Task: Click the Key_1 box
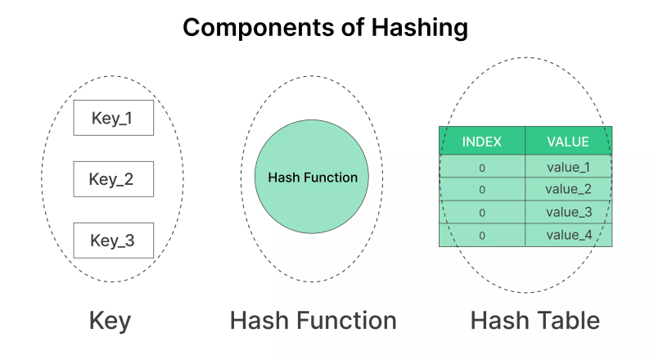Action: [113, 118]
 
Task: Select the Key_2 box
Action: [113, 179]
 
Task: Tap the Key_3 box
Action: [113, 240]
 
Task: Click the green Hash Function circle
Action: [313, 178]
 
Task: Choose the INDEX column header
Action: [481, 142]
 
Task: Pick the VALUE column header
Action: [567, 142]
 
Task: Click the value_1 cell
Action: [567, 167]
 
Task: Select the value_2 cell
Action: [567, 190]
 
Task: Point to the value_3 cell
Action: [567, 213]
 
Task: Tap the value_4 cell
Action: [567, 236]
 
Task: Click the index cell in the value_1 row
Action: [481, 167]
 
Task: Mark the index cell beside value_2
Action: [481, 190]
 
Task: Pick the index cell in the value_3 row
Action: [481, 213]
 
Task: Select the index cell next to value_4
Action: [481, 236]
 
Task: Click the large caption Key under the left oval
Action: [110, 321]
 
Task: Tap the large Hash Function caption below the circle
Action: [313, 321]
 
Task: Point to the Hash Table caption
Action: [534, 321]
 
